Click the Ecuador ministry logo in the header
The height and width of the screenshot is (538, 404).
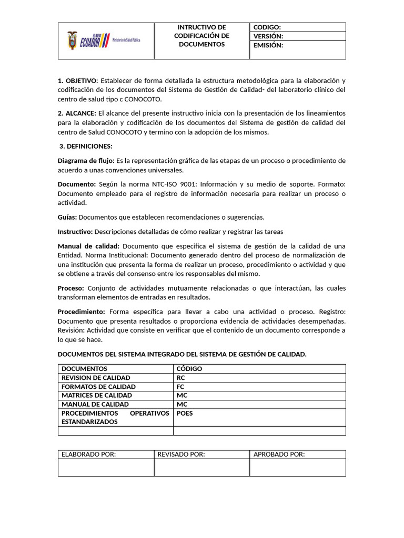click(x=104, y=40)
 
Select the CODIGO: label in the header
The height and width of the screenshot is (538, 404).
click(x=267, y=27)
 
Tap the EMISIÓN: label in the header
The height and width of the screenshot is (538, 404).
click(x=268, y=45)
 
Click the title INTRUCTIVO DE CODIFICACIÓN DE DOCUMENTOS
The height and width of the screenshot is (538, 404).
click(x=201, y=36)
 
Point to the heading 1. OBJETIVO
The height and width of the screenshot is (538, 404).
click(x=77, y=80)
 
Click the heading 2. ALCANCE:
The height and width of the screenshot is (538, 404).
click(x=77, y=113)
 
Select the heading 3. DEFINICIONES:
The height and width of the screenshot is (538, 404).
click(x=86, y=146)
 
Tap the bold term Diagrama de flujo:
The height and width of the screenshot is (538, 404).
click(x=86, y=161)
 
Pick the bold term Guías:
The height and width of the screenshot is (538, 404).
click(x=67, y=217)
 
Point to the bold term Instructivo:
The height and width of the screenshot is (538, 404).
click(x=75, y=232)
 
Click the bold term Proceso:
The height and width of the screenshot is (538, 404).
click(x=71, y=288)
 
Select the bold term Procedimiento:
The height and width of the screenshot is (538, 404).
click(x=81, y=312)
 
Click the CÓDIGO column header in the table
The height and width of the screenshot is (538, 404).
click(x=189, y=369)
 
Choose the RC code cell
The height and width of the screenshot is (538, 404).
click(x=181, y=378)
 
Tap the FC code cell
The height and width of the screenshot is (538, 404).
click(x=181, y=387)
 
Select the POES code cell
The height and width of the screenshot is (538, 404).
click(x=185, y=413)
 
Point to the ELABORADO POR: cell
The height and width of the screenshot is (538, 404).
click(x=89, y=454)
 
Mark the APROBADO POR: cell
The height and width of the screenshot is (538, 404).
click(x=279, y=454)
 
